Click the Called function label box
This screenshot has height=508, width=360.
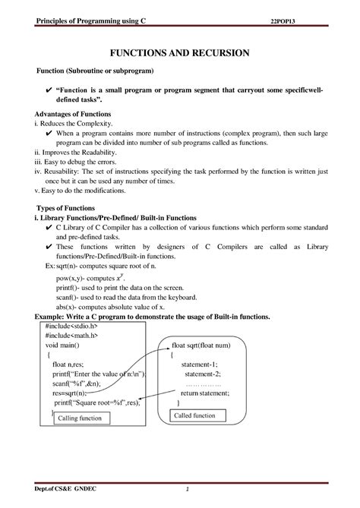(x=195, y=415)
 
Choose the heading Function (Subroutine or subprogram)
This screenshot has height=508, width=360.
(x=96, y=71)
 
